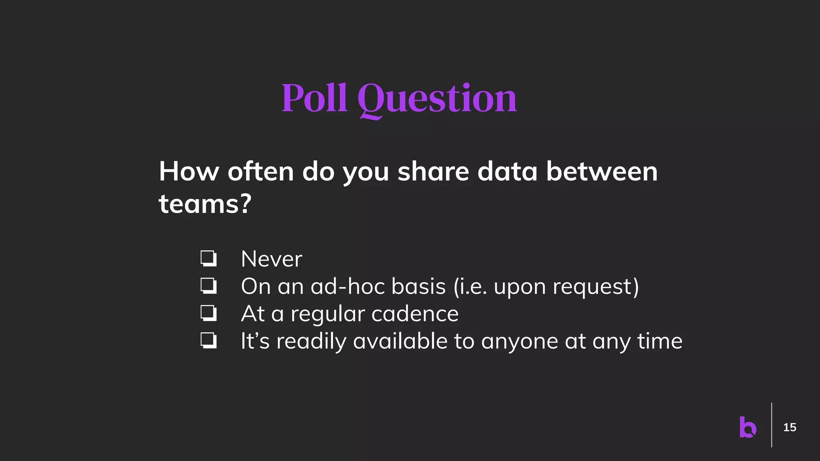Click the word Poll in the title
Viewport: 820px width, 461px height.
(314, 98)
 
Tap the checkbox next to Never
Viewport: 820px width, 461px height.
(209, 259)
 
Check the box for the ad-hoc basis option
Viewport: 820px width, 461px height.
(209, 286)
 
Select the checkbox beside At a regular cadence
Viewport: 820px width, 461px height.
(209, 313)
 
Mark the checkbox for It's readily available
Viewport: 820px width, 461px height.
(209, 341)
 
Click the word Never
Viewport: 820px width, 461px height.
(271, 259)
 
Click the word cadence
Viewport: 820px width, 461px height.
(415, 314)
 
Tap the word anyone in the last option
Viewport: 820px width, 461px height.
(520, 342)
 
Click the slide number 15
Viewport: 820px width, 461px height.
(790, 427)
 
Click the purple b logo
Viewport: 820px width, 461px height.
(748, 427)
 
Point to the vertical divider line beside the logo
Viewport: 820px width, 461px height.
(772, 425)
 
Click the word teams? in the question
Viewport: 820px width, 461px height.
(205, 204)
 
